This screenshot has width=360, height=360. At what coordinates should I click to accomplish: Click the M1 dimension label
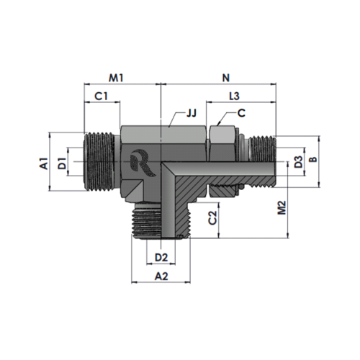[117, 78]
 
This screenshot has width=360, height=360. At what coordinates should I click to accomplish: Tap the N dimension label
[226, 78]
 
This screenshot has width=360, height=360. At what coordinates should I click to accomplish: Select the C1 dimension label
[101, 96]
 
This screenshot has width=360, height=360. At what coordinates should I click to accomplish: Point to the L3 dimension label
[234, 96]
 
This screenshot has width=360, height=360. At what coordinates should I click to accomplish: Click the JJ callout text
[192, 113]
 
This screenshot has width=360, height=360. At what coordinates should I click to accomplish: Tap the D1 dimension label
[62, 163]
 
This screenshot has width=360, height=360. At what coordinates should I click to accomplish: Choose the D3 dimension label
[298, 162]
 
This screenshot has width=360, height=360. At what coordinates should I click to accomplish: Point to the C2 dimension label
[212, 217]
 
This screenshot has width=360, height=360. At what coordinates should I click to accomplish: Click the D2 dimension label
[161, 258]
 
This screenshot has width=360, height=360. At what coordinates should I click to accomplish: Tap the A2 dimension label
[161, 276]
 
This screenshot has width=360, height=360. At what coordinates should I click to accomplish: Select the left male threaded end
[102, 162]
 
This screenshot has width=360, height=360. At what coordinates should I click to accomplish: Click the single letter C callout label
[241, 113]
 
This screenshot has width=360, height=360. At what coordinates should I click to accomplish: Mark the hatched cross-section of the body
[189, 189]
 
